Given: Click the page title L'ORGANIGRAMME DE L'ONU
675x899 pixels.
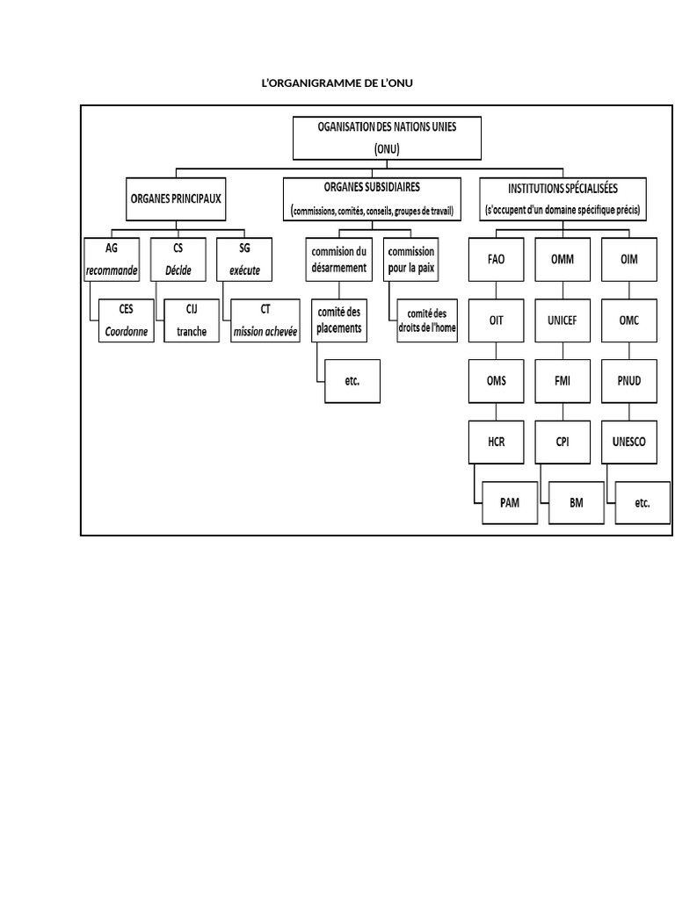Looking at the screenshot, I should click(337, 83).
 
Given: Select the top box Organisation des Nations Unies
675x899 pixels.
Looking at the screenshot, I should click(387, 137).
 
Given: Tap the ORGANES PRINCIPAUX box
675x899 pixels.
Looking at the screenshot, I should click(176, 199).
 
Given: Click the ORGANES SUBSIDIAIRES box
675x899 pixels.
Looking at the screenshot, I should click(372, 199).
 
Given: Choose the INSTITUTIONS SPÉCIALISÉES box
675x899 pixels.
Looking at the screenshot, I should click(563, 199).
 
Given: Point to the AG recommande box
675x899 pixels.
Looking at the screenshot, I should click(112, 260).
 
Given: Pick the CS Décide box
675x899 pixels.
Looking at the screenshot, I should click(178, 260).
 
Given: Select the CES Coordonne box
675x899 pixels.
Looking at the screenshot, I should click(126, 320).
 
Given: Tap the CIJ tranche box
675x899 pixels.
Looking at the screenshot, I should click(191, 320).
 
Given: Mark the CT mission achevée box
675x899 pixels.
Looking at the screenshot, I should click(265, 320).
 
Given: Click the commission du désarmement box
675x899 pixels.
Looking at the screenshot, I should click(338, 259).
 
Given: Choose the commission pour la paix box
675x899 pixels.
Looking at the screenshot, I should click(411, 259).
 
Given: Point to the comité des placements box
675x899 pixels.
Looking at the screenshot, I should click(338, 320).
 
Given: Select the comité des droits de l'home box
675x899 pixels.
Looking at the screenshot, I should click(427, 321).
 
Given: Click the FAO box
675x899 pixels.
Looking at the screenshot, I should click(497, 260).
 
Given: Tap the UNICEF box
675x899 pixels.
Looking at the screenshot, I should click(562, 320).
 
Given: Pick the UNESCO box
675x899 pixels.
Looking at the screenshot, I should click(628, 442).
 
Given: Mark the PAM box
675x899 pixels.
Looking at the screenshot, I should click(509, 503).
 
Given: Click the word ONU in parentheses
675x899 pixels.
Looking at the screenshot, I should click(387, 148).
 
